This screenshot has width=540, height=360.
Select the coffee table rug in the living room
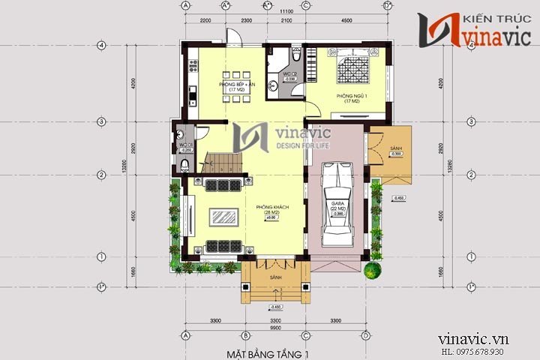pos(223,217)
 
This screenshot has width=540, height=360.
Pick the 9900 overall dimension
pos(274,328)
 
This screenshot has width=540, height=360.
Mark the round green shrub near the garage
pos(370,269)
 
